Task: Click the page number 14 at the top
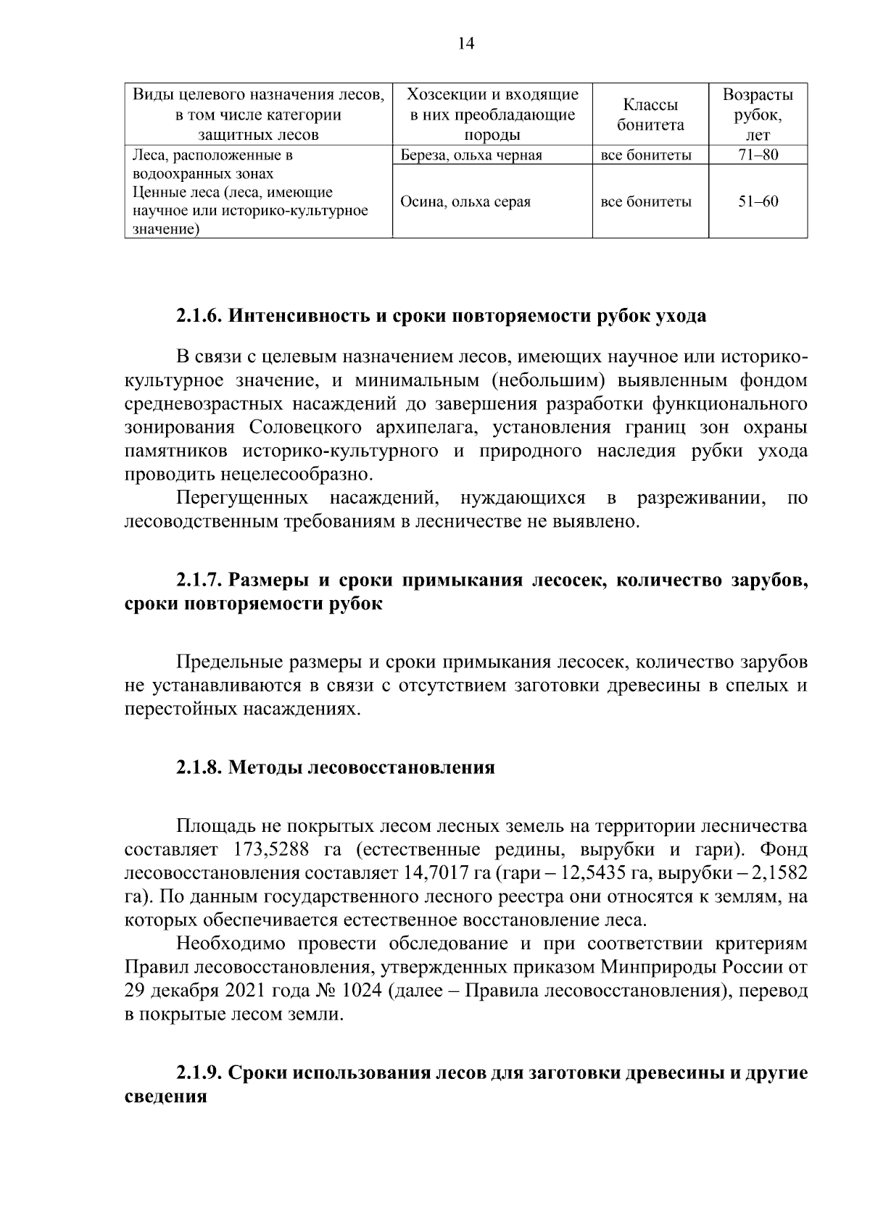point(466,44)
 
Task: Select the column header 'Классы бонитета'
point(650,114)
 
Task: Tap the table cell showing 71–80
point(758,154)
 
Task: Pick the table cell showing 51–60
point(758,201)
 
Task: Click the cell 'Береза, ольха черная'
point(471,154)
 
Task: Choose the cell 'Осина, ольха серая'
point(465,201)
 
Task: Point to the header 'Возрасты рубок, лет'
point(758,114)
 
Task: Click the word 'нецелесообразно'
point(297,475)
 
